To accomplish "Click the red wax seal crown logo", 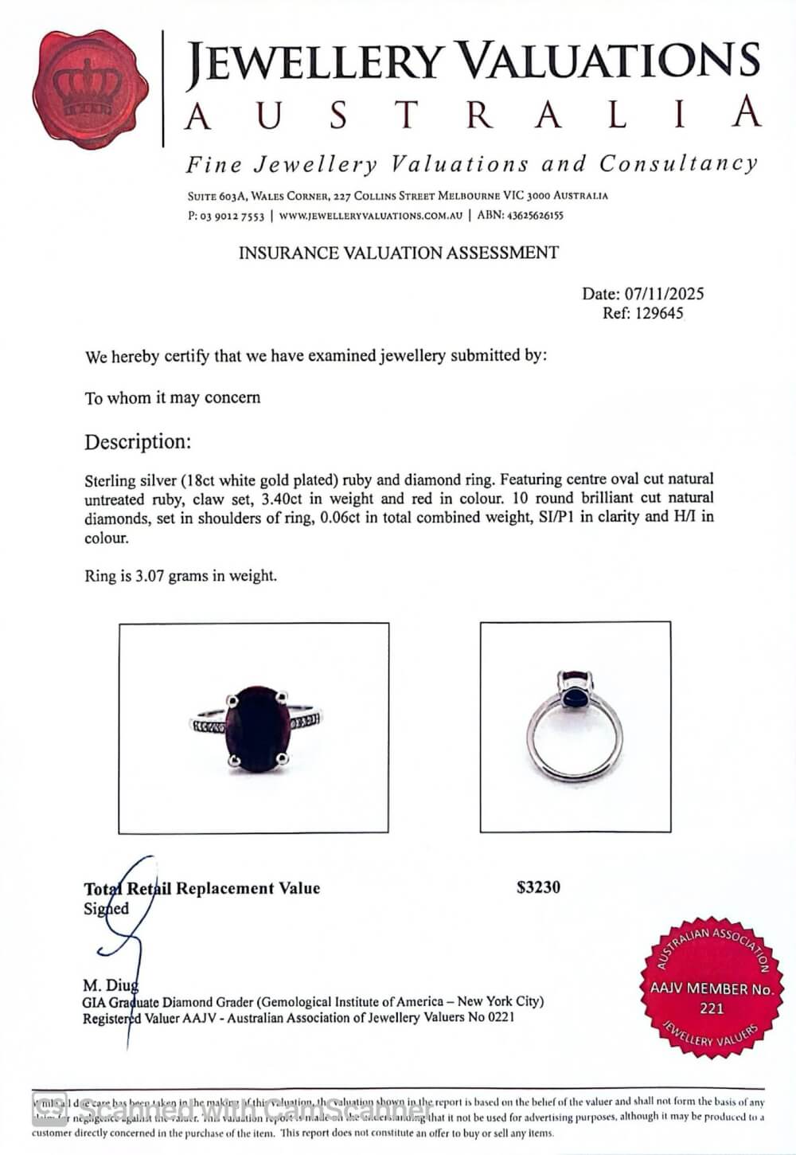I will tap(91, 90).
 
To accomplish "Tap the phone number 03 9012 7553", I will tap(232, 215).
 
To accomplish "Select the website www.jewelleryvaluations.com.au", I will tap(370, 215).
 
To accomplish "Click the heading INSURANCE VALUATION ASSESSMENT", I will tap(399, 253).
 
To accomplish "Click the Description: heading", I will tap(138, 441).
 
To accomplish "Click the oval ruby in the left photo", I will tap(258, 728).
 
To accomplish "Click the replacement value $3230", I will tap(538, 887).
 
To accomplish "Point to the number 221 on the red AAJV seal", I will tap(712, 1008).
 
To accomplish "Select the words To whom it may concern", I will tap(173, 397).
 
